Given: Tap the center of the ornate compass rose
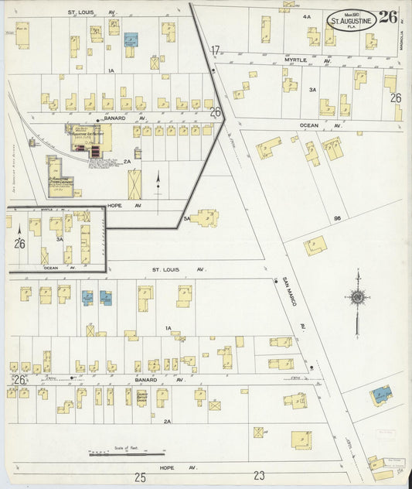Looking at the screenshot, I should pyautogui.click(x=358, y=297).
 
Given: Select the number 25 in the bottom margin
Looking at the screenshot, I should pyautogui.click(x=140, y=477).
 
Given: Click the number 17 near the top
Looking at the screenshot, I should pyautogui.click(x=215, y=51).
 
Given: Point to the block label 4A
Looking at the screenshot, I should pyautogui.click(x=306, y=15).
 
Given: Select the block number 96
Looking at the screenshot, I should pyautogui.click(x=337, y=218).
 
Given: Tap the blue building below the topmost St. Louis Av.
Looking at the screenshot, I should pyautogui.click(x=131, y=38).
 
